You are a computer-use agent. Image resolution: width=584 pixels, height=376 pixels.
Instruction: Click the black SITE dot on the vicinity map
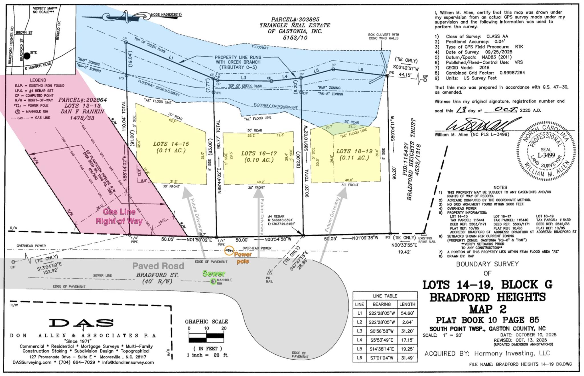[27, 56]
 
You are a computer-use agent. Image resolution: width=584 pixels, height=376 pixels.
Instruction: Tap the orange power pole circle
[229, 251]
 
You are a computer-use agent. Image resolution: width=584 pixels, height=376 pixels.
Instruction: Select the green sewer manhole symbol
[213, 282]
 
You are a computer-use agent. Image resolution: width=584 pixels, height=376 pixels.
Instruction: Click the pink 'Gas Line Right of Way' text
[119, 216]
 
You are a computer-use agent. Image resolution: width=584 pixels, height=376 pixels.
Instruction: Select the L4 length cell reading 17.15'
[407, 340]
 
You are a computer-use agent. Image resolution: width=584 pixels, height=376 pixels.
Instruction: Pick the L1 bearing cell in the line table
[382, 313]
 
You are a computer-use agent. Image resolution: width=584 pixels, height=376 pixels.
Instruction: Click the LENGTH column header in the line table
[407, 304]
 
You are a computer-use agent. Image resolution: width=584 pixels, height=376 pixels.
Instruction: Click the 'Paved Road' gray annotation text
[158, 266]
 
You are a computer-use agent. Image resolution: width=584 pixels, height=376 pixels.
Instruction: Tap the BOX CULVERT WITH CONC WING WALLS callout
[383, 36]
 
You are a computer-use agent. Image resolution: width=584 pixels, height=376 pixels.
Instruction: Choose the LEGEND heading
[38, 80]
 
